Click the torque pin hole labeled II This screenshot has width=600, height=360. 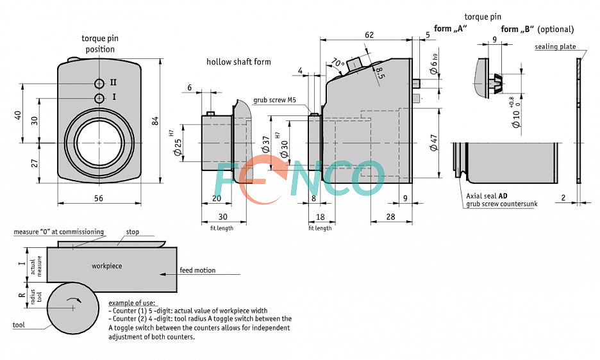click(99, 83)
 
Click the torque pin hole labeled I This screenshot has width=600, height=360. click(99, 98)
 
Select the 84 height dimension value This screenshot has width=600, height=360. click(155, 122)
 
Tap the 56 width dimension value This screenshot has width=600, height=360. click(99, 198)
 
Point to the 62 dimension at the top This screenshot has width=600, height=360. click(369, 34)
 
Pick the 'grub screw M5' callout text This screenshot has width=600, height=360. click(274, 100)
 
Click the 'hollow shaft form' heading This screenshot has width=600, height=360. click(238, 62)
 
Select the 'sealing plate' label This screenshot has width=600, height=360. click(555, 47)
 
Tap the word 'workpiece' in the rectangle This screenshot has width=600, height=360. click(106, 265)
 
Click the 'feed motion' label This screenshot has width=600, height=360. click(197, 270)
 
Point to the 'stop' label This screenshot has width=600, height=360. click(132, 232)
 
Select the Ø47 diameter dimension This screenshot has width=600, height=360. click(433, 143)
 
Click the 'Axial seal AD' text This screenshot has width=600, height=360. click(487, 196)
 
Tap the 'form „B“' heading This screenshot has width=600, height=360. click(517, 29)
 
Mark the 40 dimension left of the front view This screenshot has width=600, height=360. click(19, 115)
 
